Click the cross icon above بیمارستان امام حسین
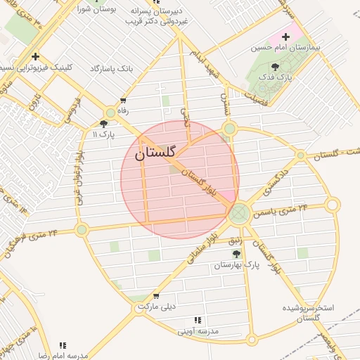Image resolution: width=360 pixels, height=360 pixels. [x=285, y=36]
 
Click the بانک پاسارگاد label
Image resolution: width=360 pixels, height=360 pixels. [x=111, y=69]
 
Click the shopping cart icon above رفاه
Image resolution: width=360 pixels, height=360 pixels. [x=124, y=101]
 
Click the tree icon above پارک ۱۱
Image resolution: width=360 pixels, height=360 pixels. [x=103, y=124]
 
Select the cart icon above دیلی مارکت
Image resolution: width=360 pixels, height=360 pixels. [x=155, y=297]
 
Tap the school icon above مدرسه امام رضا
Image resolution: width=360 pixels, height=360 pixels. [x=63, y=345]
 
